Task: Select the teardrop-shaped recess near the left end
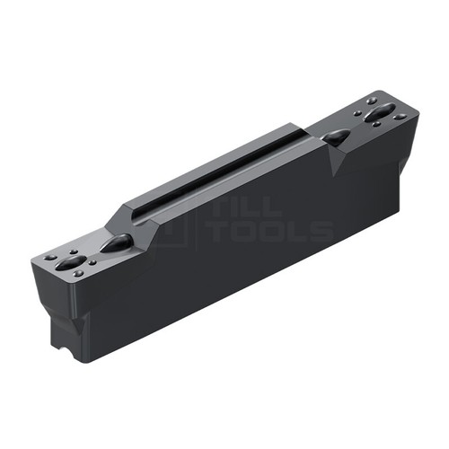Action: point(116,242)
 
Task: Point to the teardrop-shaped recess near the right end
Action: point(336,137)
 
